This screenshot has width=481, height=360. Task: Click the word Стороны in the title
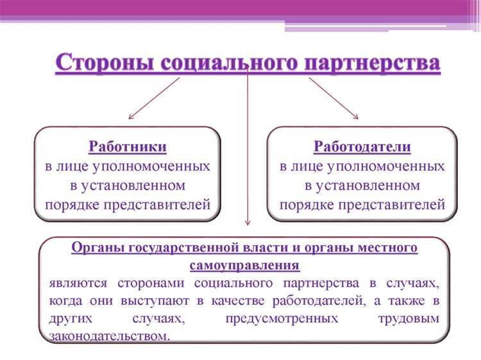[104, 64]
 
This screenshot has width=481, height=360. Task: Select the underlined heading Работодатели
[362, 147]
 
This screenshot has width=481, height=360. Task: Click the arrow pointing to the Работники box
[153, 98]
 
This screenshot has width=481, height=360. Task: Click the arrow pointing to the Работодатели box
[333, 98]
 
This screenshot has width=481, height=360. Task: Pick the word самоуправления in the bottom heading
[244, 265]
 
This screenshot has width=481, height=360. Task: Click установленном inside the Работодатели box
[362, 186]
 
